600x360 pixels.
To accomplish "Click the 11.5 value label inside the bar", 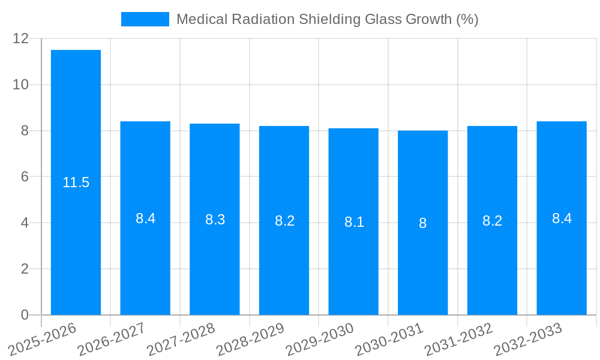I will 76,183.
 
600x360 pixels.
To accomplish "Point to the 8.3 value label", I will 215,220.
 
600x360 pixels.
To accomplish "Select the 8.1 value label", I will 354,222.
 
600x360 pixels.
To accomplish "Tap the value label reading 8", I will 423,223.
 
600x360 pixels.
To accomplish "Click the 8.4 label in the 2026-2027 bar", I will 145,218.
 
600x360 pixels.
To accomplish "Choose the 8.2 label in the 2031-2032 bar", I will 492,221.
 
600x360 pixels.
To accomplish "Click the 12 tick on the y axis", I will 21,38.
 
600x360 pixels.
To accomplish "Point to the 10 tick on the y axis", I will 21,85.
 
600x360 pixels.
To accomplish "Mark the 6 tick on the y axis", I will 25,176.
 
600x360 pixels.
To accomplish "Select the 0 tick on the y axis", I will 25,315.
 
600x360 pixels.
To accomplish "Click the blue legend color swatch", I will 145,19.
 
